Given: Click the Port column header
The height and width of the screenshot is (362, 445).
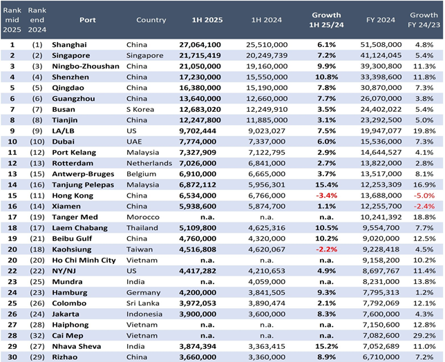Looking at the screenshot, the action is pos(87,20).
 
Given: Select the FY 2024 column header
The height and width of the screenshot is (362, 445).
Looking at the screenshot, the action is pos(381,20).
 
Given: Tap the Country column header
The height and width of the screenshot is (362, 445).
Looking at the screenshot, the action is pos(151,20).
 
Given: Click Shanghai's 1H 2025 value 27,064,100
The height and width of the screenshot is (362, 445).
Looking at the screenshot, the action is pos(200,45).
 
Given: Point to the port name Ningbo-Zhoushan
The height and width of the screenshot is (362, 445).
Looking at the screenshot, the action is pos(86,66).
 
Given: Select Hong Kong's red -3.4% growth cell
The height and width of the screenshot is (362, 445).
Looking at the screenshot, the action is pos(326,196).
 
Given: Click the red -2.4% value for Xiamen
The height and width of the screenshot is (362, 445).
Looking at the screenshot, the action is pos(424,207).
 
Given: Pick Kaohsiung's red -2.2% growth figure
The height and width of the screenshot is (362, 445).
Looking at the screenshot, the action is pos(326,249).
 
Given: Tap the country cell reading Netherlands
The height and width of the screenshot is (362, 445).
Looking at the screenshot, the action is pos(149,164).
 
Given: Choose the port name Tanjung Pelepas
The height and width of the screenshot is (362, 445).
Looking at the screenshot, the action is pos(83,185).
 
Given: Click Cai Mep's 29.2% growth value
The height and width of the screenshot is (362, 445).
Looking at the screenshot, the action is pos(424,336).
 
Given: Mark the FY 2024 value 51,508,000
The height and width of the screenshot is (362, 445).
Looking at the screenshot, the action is pos(381,45).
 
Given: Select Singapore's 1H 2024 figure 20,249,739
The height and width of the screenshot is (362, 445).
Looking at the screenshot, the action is pos(267,55).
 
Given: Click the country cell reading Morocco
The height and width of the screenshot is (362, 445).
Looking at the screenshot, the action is pos(143,218).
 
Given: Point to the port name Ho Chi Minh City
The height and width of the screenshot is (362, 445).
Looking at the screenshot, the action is pos(84,260).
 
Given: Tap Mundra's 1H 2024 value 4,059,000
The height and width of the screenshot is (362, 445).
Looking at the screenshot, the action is pos(267,282).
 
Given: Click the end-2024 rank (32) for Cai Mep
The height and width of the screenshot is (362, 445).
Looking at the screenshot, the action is pos(37,336).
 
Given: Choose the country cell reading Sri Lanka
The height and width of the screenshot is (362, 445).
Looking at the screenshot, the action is pos(143,303).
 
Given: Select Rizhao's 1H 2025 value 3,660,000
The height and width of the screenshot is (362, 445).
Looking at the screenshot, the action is pos(198,357).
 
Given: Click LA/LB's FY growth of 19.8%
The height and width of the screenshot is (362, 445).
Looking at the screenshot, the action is pos(424,131).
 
